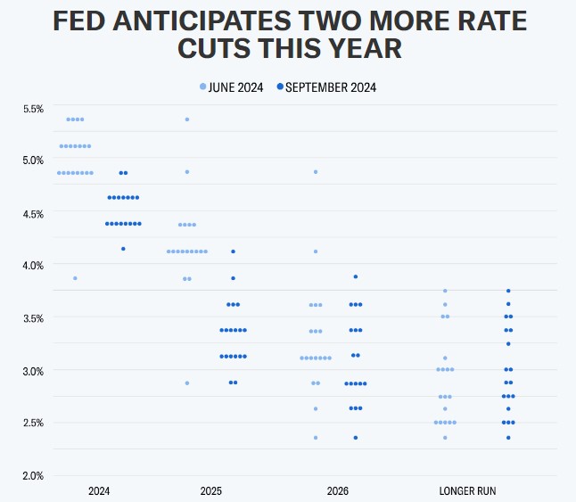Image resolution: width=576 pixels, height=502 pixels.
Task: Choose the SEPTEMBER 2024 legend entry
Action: pyautogui.click(x=326, y=86)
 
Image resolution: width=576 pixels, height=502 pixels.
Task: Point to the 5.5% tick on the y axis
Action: pyautogui.click(x=33, y=109)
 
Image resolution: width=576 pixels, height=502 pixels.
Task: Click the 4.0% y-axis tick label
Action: pyautogui.click(x=33, y=265)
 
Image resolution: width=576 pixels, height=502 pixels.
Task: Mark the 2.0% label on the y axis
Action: pyautogui.click(x=33, y=475)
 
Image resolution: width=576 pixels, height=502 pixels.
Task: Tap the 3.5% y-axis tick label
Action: pyautogui.click(x=33, y=317)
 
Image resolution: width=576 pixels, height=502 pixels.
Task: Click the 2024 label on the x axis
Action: pyautogui.click(x=99, y=491)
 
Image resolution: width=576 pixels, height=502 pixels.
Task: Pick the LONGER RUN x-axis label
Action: pyautogui.click(x=467, y=491)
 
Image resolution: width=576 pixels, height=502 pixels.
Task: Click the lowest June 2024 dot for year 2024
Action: pyautogui.click(x=75, y=278)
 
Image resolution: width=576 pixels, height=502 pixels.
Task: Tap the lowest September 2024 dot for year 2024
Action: pyautogui.click(x=123, y=249)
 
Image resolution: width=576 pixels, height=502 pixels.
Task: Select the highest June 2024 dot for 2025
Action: pyautogui.click(x=187, y=119)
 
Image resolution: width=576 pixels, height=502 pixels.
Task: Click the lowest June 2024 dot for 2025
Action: pyautogui.click(x=187, y=383)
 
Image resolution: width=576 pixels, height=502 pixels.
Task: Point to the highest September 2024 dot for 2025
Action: pyautogui.click(x=233, y=251)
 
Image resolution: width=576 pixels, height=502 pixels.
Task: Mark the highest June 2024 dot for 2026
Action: pyautogui.click(x=315, y=172)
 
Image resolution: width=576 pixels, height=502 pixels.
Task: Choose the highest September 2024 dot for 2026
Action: pyautogui.click(x=355, y=276)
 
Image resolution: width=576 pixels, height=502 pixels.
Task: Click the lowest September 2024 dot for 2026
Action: pyautogui.click(x=355, y=438)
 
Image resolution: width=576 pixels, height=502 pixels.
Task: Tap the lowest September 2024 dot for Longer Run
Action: pyautogui.click(x=508, y=438)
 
